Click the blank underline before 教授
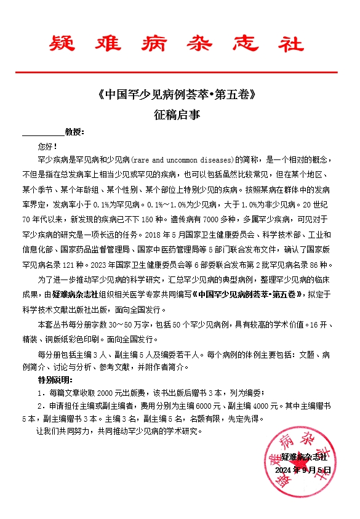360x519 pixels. coord(42,132)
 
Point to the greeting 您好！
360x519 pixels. coord(47,147)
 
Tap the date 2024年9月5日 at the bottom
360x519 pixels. coord(303,470)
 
